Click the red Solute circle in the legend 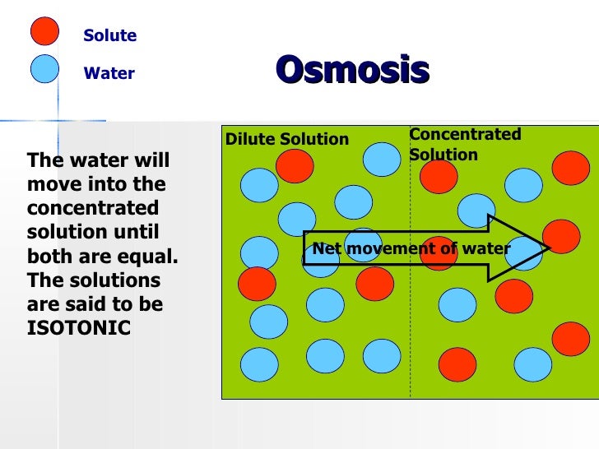44,30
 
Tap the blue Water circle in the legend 44,68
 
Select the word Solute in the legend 109,36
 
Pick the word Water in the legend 109,74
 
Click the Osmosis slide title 352,71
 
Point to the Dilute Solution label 287,140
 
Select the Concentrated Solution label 465,144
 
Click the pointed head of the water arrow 527,248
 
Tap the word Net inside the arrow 326,248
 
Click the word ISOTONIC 78,327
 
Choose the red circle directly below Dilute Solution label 295,166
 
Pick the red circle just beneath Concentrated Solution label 439,176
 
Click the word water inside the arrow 485,248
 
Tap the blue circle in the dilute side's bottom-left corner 259,364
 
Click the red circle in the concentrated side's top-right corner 570,168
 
